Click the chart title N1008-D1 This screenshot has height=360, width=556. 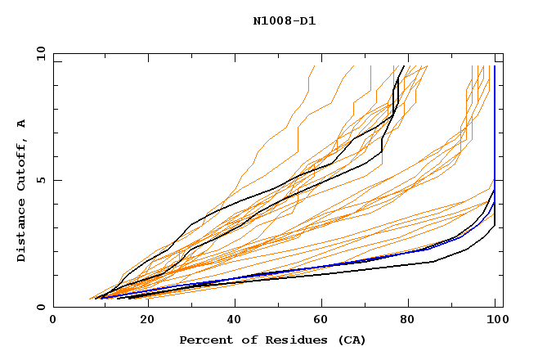[284, 21]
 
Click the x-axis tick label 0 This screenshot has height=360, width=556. [53, 320]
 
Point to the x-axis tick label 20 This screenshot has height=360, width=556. [141, 320]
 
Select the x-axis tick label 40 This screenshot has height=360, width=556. [231, 320]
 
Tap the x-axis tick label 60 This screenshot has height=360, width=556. [319, 320]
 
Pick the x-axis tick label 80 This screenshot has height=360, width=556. [407, 320]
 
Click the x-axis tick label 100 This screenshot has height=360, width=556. [495, 320]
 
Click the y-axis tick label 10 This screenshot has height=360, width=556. [40, 52]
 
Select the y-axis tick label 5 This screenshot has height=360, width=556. [43, 180]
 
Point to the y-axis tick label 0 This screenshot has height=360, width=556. [43, 307]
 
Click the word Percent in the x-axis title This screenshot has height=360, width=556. [205, 340]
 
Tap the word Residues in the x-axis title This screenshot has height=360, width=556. [290, 340]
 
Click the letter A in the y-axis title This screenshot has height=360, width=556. [21, 124]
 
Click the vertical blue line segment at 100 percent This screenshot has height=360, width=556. [495, 123]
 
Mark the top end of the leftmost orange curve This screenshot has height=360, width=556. [314, 65]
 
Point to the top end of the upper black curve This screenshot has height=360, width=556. [403, 65]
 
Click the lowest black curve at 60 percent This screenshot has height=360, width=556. [319, 273]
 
